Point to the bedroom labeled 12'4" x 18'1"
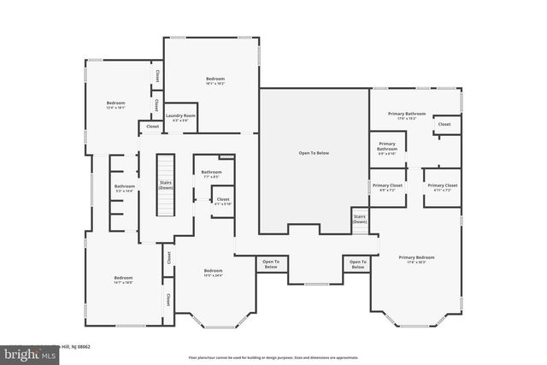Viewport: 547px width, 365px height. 115,105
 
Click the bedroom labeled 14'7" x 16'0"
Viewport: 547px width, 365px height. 123,280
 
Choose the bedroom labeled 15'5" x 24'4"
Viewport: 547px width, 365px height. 213,273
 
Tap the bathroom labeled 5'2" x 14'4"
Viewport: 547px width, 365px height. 125,188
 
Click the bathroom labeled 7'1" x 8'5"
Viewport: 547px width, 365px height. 211,174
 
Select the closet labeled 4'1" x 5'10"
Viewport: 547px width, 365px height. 222,201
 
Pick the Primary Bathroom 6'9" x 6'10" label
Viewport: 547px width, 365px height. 386,147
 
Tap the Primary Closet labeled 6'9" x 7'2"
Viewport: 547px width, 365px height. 387,187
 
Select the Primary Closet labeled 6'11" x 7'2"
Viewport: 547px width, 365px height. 442,187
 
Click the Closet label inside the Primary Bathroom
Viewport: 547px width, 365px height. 444,125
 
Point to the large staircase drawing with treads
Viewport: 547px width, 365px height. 164,185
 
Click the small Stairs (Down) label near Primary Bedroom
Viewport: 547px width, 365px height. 360,219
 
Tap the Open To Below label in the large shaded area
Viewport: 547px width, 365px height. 313,153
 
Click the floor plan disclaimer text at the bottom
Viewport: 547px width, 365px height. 273,356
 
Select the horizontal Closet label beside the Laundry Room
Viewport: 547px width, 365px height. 152,127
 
